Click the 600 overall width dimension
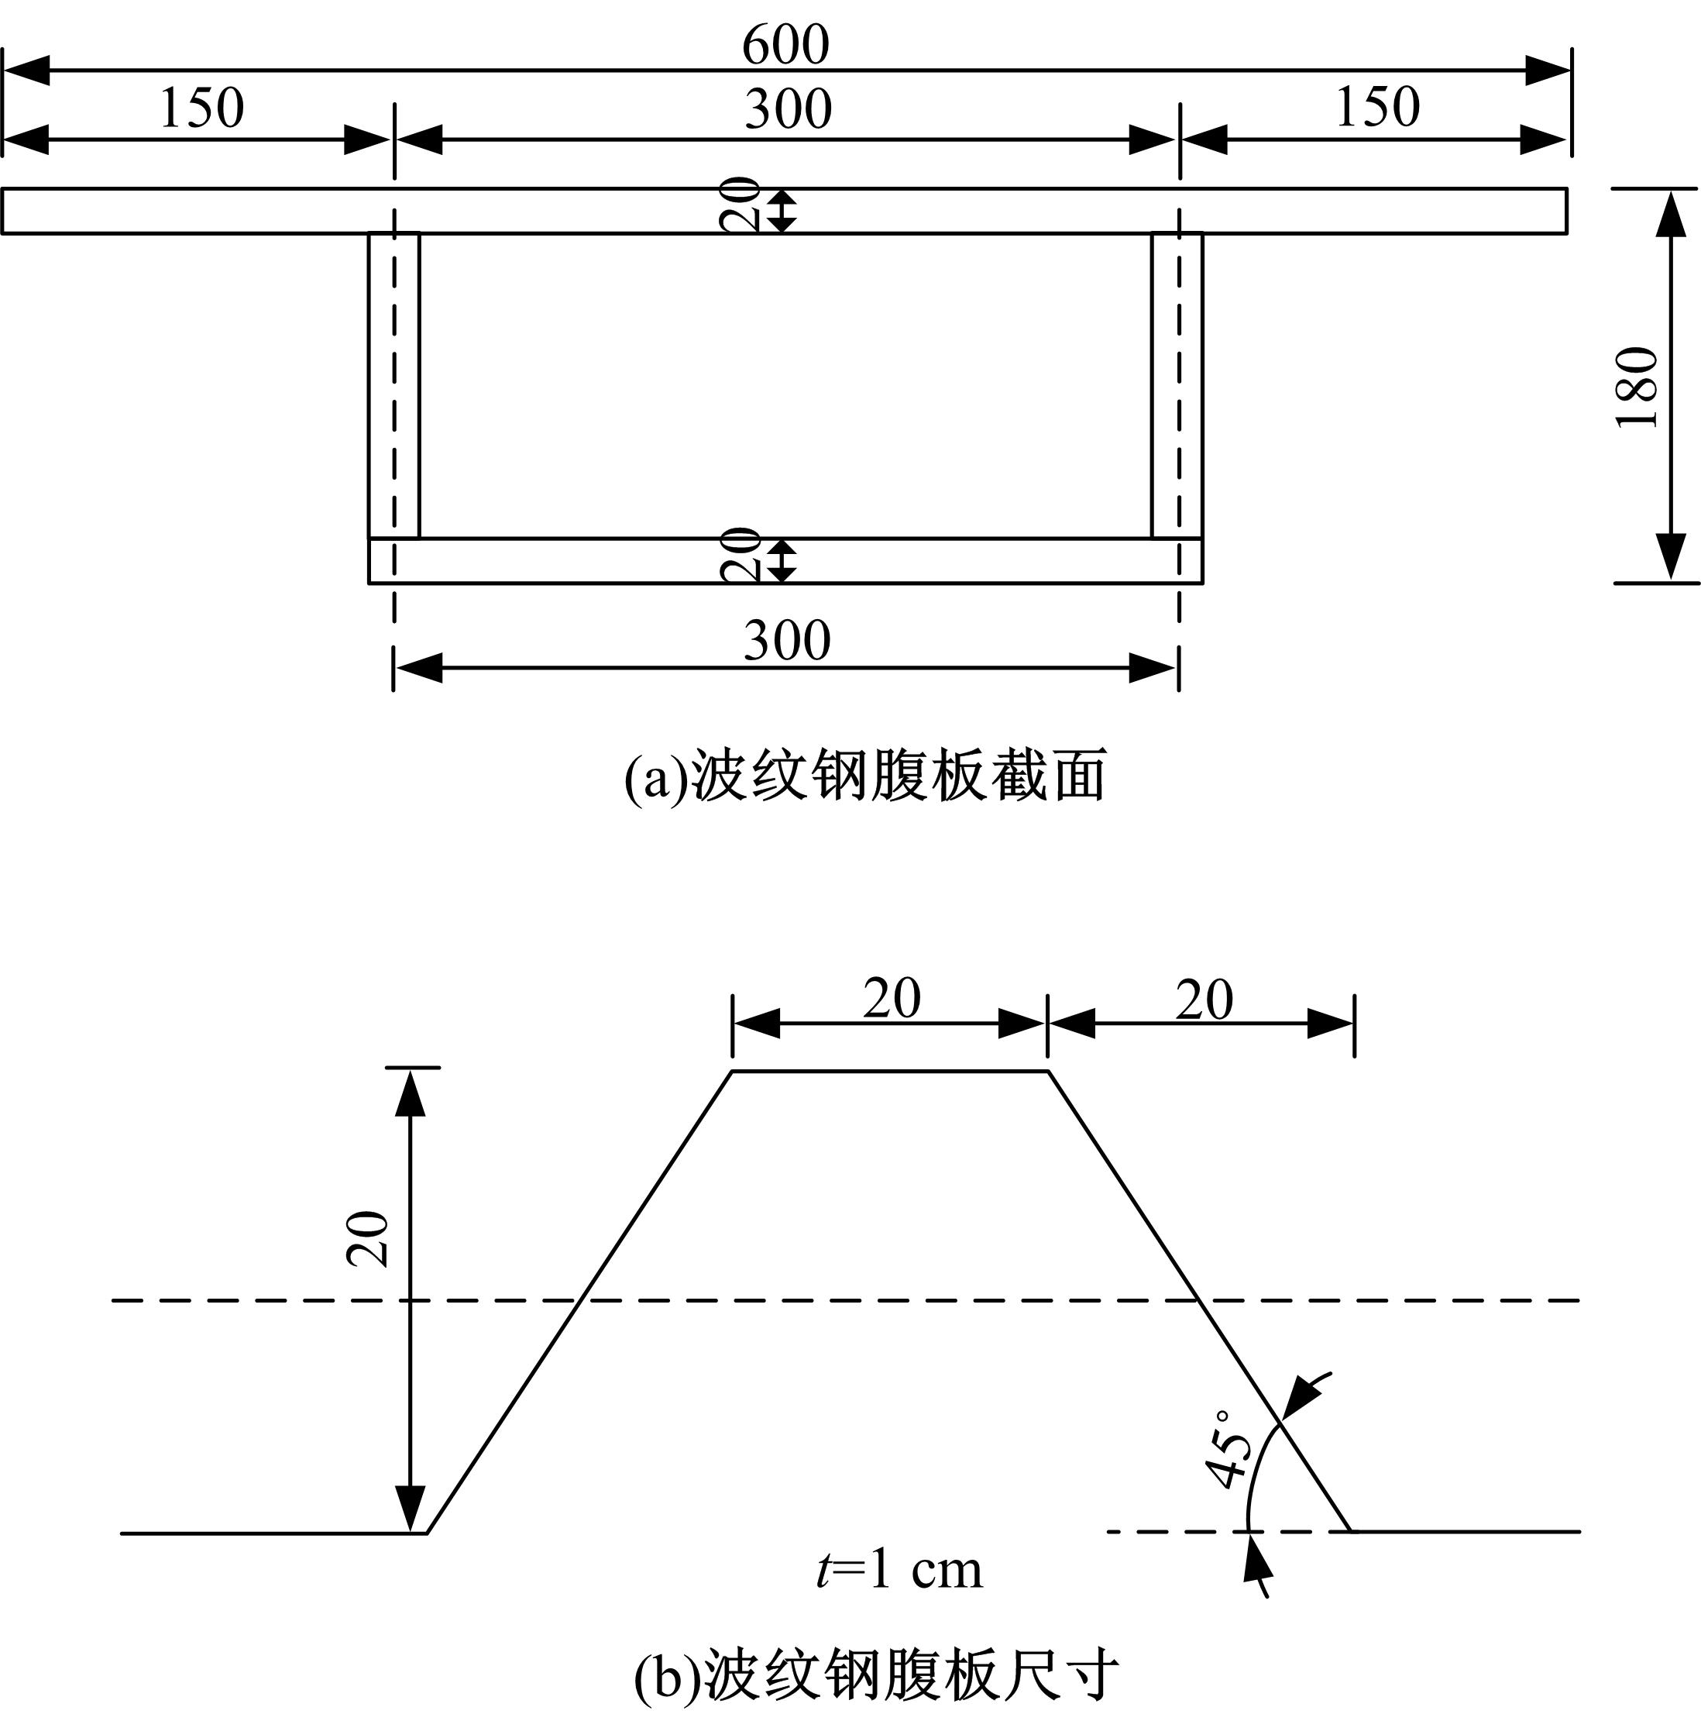pos(785,44)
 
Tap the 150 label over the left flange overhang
pos(201,108)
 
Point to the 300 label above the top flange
pos(788,109)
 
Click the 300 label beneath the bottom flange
pos(787,641)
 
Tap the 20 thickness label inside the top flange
pos(740,205)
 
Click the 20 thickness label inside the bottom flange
pos(740,555)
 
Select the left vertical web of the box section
pos(393,385)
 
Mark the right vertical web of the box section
pos(1177,385)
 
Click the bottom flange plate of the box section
pos(785,561)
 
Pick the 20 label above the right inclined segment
pos(1204,1000)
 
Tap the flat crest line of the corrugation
pos(891,1072)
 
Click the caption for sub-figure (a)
pos(865,776)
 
